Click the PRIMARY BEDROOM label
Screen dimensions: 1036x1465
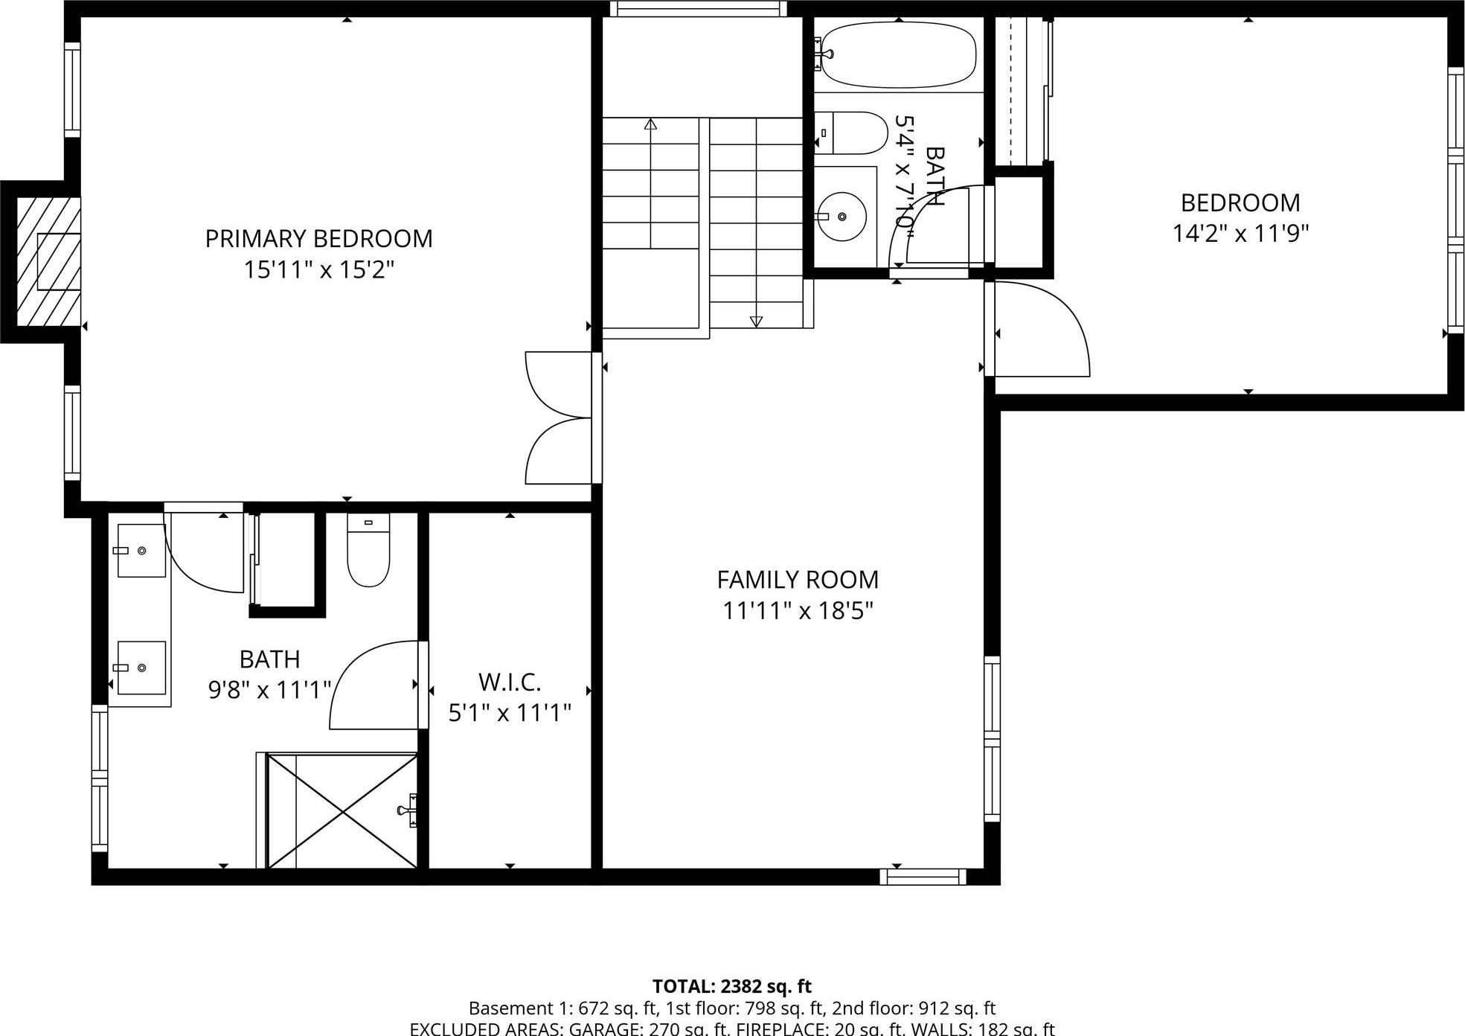point(318,239)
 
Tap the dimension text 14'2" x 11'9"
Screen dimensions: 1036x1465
point(1240,234)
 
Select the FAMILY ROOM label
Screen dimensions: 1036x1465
point(798,580)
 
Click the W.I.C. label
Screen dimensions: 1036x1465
point(510,682)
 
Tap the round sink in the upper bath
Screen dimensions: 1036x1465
point(842,217)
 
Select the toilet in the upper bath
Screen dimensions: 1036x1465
point(852,133)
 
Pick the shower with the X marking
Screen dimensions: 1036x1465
point(342,810)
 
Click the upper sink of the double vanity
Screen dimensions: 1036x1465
point(141,551)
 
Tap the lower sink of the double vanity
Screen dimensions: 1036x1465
point(141,668)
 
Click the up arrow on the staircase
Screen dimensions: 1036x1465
point(651,124)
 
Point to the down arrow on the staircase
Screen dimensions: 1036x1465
point(756,322)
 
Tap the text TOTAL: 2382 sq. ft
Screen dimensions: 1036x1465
point(732,986)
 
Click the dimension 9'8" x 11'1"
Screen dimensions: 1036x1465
point(269,691)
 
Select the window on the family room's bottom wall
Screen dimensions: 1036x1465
point(923,877)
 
